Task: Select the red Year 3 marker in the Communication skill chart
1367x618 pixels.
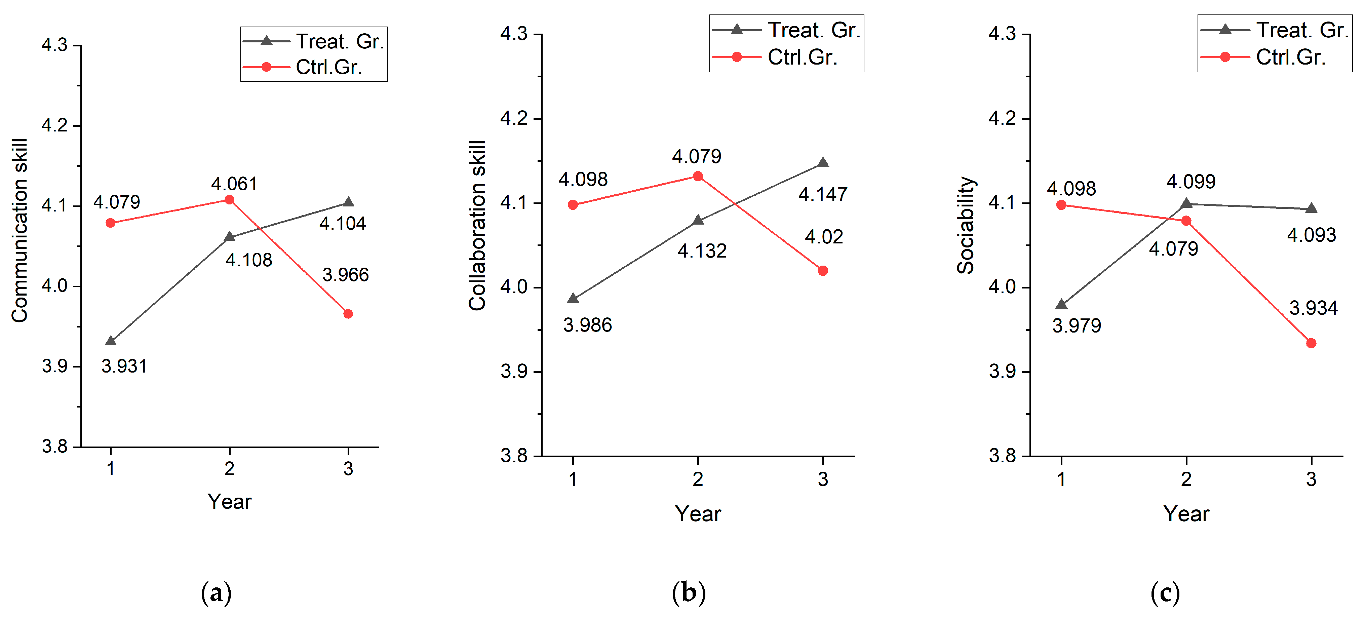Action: (348, 314)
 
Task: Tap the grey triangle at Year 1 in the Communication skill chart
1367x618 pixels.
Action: (110, 341)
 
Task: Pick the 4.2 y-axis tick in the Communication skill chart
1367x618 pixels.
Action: (55, 126)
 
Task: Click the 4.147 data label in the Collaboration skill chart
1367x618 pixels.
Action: (823, 194)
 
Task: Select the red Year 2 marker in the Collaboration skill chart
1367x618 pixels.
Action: (698, 176)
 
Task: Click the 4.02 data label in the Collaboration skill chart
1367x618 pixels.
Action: (824, 237)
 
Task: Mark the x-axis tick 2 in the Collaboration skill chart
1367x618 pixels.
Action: (698, 479)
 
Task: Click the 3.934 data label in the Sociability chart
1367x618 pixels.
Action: (1314, 308)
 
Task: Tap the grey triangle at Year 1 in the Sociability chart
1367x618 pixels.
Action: (1061, 305)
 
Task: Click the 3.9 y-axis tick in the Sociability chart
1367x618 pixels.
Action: (1002, 371)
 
